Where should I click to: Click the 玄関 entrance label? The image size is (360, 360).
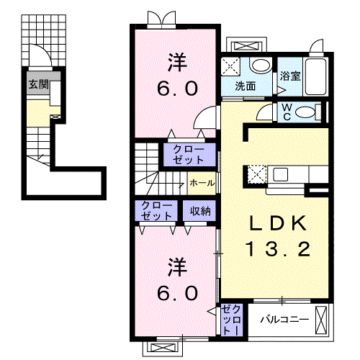38,84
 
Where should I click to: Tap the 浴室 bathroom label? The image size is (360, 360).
290,76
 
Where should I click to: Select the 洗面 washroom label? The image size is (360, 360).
246,86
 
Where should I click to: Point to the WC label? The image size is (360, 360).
287,112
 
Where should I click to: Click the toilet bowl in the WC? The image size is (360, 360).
305,112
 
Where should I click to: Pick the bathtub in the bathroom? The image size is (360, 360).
315,76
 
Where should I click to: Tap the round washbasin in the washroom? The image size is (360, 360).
261,65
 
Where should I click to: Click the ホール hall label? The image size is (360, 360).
202,183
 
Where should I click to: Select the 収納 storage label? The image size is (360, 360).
200,211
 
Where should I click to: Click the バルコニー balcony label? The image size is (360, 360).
284,320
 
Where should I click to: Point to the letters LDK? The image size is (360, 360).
278,223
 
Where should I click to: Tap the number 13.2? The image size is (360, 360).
278,248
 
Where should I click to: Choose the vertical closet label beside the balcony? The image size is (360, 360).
231,320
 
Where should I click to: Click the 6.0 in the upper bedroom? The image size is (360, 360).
178,89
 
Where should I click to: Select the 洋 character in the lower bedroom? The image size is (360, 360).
177,267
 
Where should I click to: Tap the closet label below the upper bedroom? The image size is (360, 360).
189,154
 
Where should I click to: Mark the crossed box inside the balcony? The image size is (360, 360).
321,320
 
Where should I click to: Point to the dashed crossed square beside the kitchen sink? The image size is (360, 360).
257,174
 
